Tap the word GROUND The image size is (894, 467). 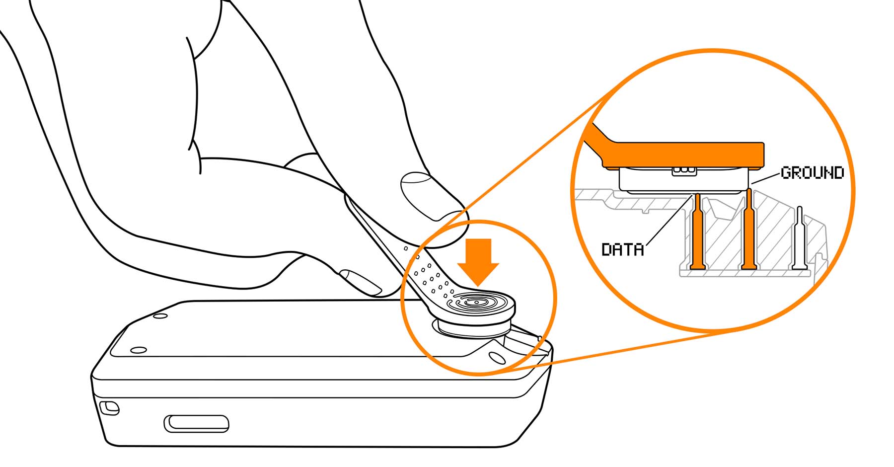[812, 173]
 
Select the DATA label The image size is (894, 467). [622, 249]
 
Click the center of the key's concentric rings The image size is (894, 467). [476, 303]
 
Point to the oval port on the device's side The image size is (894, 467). [196, 423]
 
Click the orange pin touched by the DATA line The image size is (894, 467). [698, 233]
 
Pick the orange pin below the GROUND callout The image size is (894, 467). [748, 233]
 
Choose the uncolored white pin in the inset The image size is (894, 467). [799, 238]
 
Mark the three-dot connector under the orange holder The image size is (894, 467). [683, 170]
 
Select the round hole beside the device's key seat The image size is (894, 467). [496, 357]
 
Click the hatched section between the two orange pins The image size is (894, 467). [723, 238]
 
